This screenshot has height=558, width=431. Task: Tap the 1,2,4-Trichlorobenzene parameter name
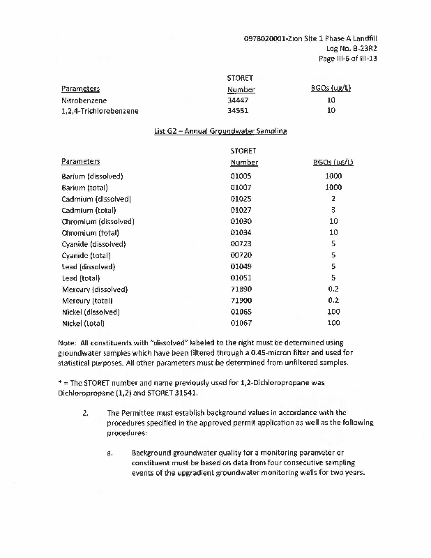click(100, 111)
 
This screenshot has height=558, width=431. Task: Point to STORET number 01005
click(241, 176)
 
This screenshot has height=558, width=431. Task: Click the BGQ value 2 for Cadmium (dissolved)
click(333, 199)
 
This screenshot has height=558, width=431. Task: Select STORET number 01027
click(241, 210)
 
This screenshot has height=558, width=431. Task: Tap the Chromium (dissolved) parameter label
click(98, 221)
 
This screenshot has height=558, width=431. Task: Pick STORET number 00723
click(241, 244)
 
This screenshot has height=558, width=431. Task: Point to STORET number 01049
click(241, 266)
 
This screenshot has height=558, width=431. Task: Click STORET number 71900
click(241, 301)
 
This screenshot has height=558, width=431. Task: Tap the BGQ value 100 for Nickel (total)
click(333, 323)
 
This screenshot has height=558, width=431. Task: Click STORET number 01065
click(241, 312)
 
